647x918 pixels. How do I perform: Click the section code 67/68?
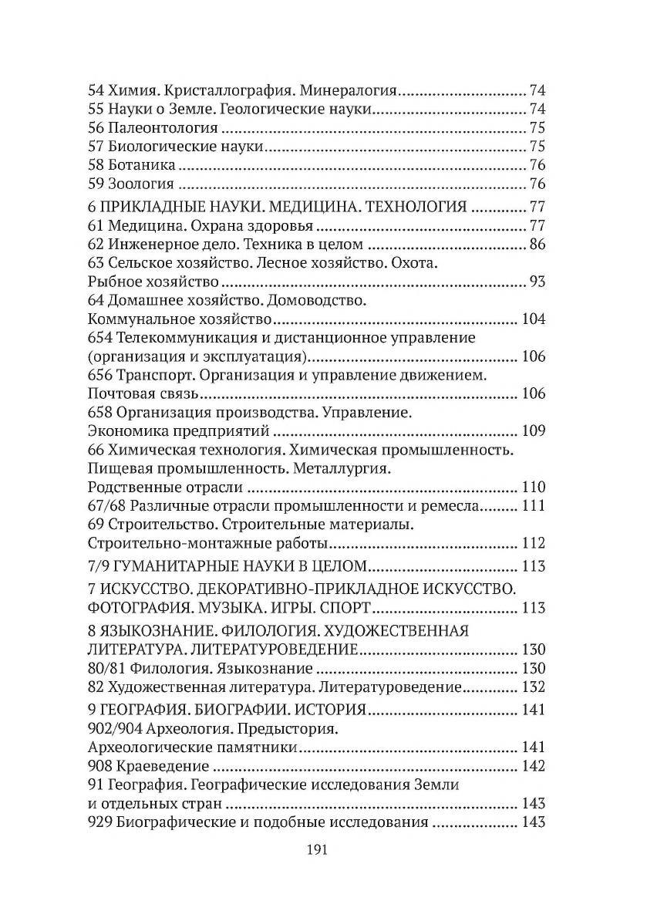tap(107, 505)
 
